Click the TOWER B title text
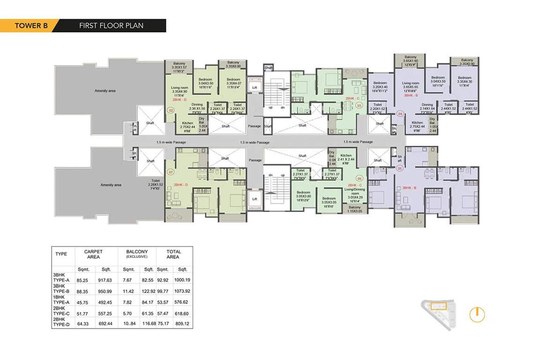[x=29, y=26]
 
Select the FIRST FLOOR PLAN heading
[x=111, y=26]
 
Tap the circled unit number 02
[x=171, y=111]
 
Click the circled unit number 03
[x=359, y=106]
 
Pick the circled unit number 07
[x=171, y=172]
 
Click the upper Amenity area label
[x=105, y=91]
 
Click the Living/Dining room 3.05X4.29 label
[x=354, y=193]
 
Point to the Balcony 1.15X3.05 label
[x=354, y=209]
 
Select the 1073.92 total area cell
[x=182, y=291]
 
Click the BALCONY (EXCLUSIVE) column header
[x=137, y=254]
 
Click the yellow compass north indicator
[x=477, y=315]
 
